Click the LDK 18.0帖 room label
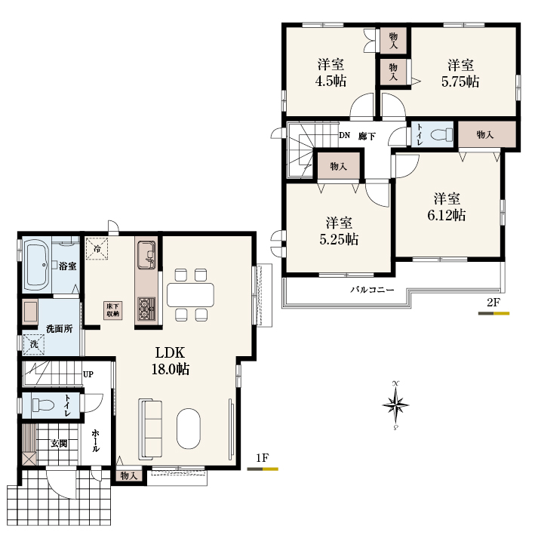click(x=171, y=361)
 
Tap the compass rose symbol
click(x=395, y=405)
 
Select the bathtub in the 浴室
click(x=37, y=265)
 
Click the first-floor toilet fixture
click(x=43, y=405)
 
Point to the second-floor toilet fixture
click(x=441, y=134)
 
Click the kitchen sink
click(x=146, y=255)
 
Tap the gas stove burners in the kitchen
click(x=146, y=309)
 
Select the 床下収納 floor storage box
click(x=113, y=310)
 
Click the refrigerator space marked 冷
click(x=97, y=249)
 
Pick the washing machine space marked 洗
click(x=34, y=344)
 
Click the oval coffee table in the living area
click(x=189, y=429)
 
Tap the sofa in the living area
click(x=150, y=429)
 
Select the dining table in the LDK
click(x=190, y=295)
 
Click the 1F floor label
click(x=263, y=457)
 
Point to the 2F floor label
click(x=493, y=303)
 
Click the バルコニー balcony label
click(x=372, y=290)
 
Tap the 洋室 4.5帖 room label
click(x=331, y=72)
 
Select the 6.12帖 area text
click(x=446, y=215)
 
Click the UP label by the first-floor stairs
click(x=88, y=374)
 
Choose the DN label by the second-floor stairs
click(x=345, y=135)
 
